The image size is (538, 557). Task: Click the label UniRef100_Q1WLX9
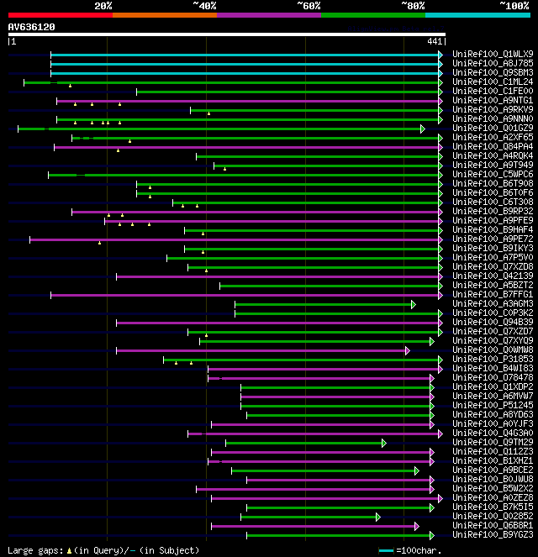tap(493, 54)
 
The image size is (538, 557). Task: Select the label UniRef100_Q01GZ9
tap(493, 128)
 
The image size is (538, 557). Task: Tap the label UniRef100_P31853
tap(493, 359)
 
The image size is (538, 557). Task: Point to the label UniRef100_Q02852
tap(493, 516)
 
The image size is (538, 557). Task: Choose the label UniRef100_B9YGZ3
tap(493, 534)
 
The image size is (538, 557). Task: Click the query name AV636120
tap(32, 27)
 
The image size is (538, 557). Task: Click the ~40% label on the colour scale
tap(204, 6)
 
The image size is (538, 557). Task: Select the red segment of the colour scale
tap(60, 15)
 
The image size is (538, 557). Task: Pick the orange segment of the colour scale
tap(164, 15)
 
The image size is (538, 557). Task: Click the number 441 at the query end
tap(435, 41)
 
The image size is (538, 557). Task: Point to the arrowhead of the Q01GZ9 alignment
tap(423, 129)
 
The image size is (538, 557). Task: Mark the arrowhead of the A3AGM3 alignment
tap(413, 304)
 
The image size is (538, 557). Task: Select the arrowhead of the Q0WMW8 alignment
tap(407, 350)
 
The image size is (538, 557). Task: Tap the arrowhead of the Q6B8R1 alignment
tap(415, 526)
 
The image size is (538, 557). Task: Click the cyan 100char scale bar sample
tap(386, 550)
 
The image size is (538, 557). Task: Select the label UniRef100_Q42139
tap(493, 276)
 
